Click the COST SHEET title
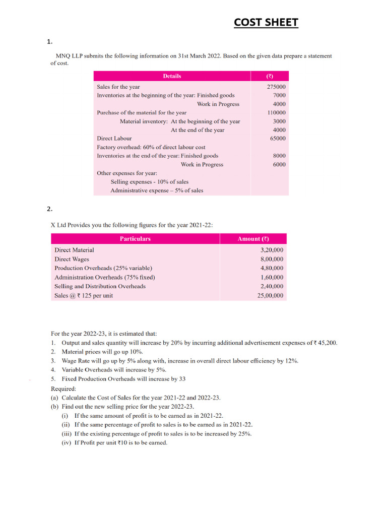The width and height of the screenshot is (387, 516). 266,23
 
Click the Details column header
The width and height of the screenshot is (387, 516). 172,76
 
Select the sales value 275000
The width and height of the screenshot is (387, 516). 276,87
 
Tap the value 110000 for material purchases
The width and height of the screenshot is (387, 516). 276,113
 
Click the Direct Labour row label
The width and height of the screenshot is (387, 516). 114,138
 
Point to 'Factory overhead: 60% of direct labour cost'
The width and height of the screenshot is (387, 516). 151,147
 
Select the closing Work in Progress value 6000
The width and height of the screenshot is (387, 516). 279,164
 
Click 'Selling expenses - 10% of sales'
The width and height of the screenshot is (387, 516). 150,181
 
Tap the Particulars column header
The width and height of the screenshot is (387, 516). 135,239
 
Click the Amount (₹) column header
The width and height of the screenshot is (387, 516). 253,239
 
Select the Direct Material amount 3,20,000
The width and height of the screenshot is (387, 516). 272,250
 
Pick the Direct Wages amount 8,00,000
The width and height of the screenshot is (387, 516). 272,259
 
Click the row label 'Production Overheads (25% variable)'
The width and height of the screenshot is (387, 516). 103,268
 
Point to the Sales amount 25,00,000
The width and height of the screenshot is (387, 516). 270,296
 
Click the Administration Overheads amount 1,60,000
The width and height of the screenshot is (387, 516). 272,277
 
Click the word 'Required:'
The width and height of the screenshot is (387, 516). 64,389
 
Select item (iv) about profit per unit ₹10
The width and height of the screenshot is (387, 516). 114,442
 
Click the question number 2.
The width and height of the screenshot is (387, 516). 49,209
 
